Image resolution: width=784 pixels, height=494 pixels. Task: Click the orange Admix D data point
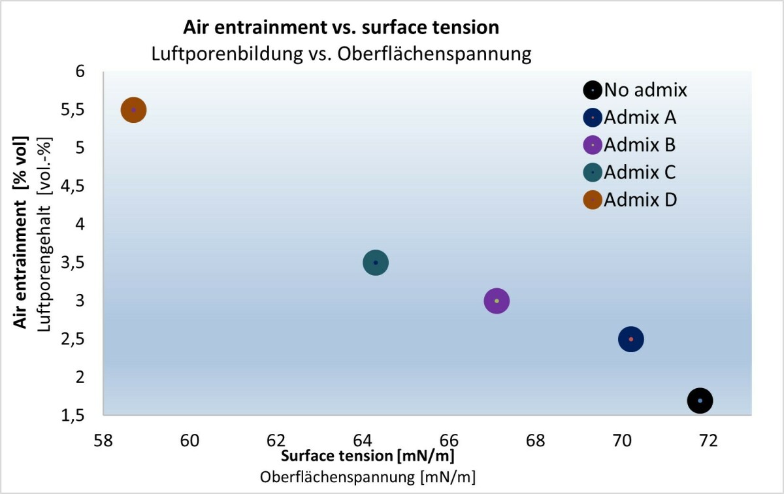133,110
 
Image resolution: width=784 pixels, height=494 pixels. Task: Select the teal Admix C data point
375,263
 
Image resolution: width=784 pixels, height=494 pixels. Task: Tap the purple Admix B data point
497,301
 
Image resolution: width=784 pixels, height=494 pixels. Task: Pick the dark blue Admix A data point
630,339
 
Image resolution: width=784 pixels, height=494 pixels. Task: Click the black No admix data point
700,401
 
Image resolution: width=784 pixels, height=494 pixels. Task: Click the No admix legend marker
593,90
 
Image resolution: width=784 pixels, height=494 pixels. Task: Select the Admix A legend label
640,118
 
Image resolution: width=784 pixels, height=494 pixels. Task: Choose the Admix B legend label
640,144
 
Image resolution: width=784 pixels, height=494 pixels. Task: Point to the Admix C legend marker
593,173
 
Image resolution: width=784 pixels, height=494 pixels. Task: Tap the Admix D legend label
640,200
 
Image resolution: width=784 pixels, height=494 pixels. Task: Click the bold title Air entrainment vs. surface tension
341,27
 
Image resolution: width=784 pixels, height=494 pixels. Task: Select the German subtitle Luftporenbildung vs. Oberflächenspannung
341,54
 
